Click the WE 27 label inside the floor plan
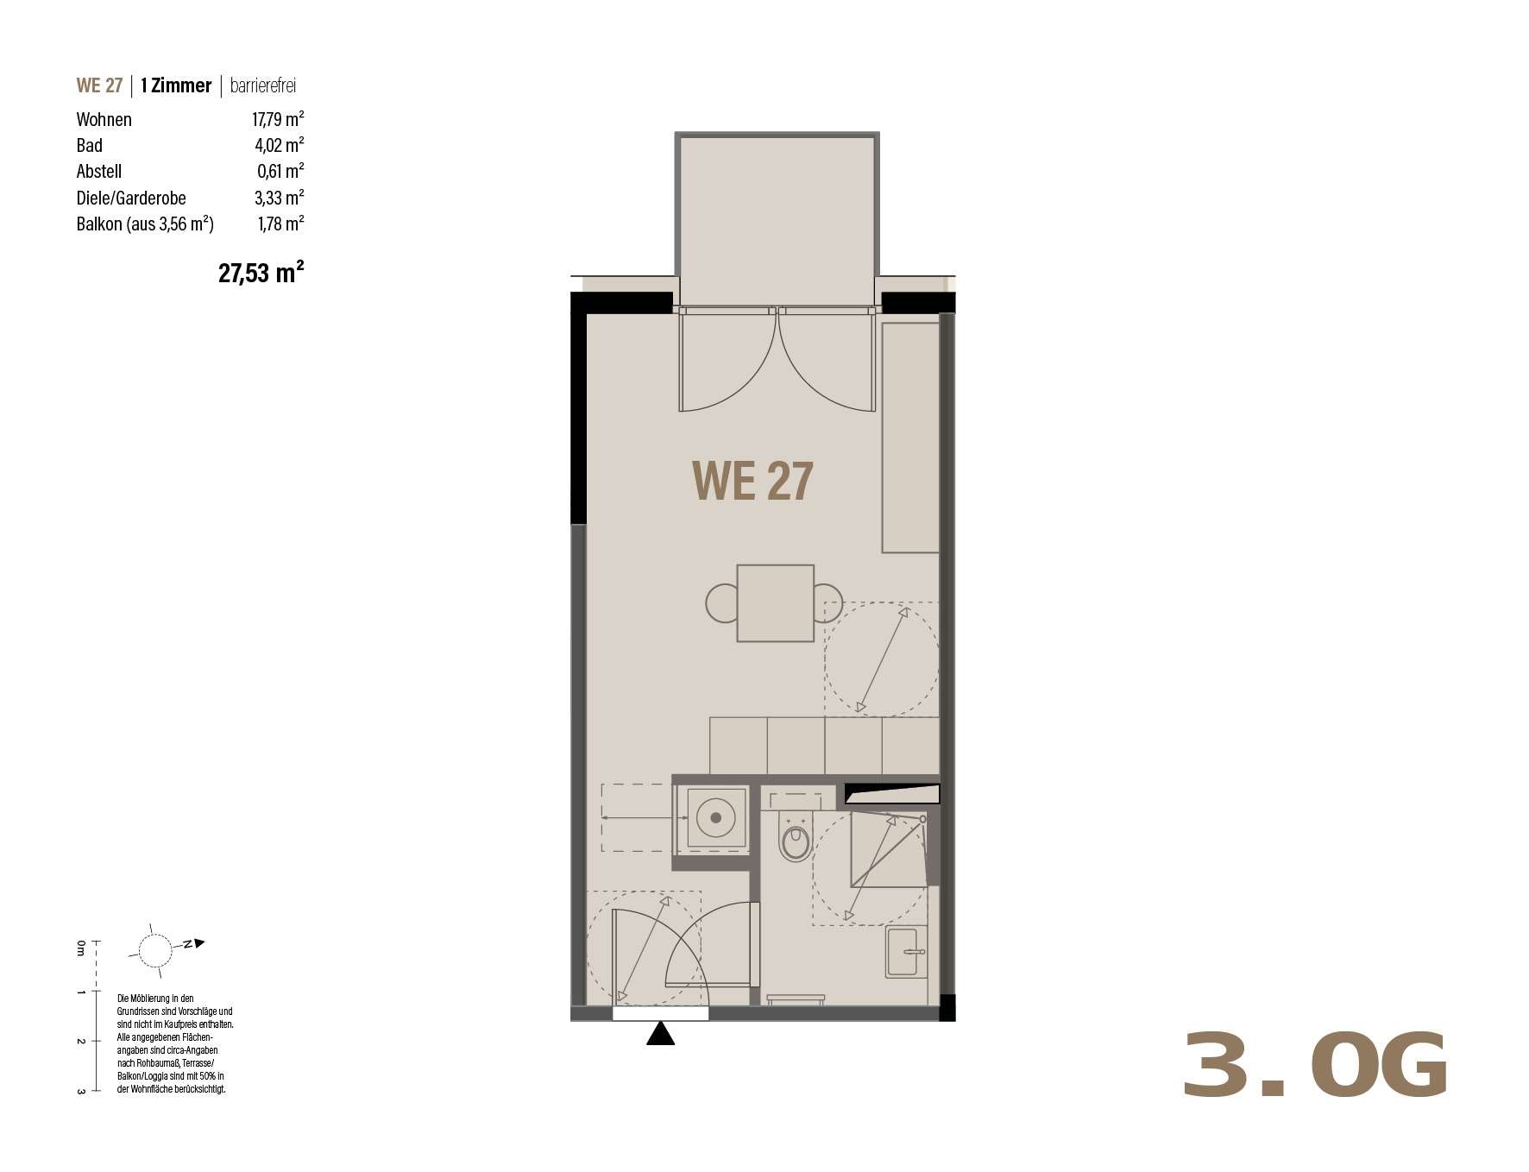coord(752,482)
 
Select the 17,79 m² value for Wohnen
coord(278,119)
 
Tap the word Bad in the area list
coord(90,145)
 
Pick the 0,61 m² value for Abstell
coord(280,171)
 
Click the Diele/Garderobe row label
coord(131,198)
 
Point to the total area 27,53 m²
coord(261,273)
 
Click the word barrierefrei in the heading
coord(263,85)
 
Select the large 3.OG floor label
coord(1314,1066)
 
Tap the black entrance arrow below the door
coord(661,1033)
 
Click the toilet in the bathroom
coord(795,837)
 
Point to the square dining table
coord(775,603)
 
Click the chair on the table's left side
coord(721,603)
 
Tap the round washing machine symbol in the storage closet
coord(715,816)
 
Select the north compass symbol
coord(156,950)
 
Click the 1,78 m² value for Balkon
coord(280,224)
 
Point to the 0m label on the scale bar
coord(80,948)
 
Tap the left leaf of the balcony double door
coord(727,359)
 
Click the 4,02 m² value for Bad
coord(280,145)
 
